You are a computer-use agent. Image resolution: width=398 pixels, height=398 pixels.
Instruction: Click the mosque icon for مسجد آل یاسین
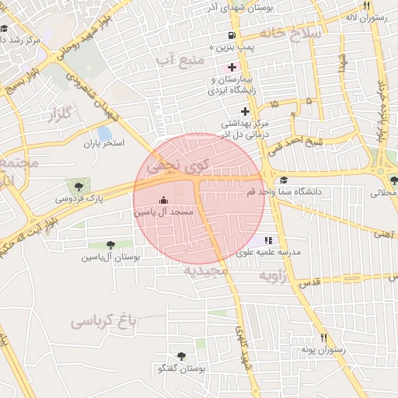[162, 200]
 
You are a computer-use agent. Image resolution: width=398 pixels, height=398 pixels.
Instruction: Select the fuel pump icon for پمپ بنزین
[232, 36]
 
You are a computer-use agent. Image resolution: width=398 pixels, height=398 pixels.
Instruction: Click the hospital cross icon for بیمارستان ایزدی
[232, 68]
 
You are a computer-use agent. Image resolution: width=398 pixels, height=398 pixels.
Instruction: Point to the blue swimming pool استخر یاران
[104, 133]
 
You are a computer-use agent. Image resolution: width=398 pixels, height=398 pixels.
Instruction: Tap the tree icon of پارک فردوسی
[77, 185]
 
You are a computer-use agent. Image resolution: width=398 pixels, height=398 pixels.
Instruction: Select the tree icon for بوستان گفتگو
[181, 357]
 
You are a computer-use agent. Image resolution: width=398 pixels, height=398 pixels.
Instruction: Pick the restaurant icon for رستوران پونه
[323, 337]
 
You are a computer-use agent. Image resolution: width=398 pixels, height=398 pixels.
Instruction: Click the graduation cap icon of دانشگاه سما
[283, 180]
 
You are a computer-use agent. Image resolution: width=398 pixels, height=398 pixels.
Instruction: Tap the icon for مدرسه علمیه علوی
[268, 240]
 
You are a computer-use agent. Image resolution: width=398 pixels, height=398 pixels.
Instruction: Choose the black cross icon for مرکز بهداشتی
[224, 111]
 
